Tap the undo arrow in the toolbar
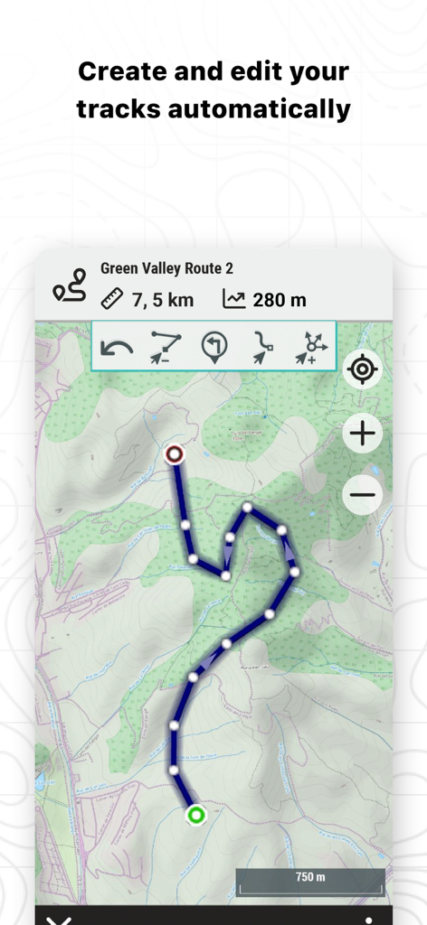click(119, 348)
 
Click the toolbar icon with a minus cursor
click(166, 348)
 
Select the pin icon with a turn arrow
click(214, 347)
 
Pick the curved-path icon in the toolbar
click(263, 348)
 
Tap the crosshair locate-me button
click(363, 369)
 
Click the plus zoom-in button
click(363, 434)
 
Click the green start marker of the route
click(195, 816)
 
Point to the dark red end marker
click(175, 454)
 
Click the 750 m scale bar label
click(310, 877)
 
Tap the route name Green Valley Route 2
click(166, 268)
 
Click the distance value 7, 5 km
click(163, 300)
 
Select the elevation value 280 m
click(280, 300)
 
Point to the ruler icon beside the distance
click(112, 299)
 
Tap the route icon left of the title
click(69, 285)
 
